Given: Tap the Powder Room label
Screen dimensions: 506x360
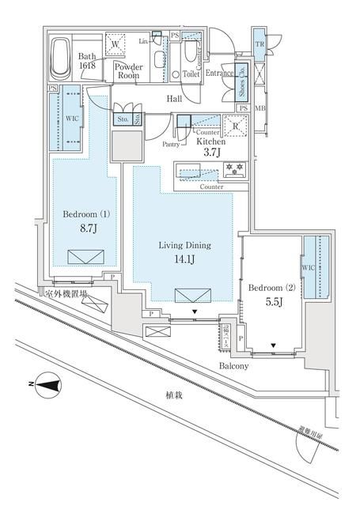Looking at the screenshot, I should (x=128, y=72).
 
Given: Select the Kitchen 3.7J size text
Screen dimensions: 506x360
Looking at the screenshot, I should (x=211, y=146).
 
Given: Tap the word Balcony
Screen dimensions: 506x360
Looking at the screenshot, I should (x=235, y=366).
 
